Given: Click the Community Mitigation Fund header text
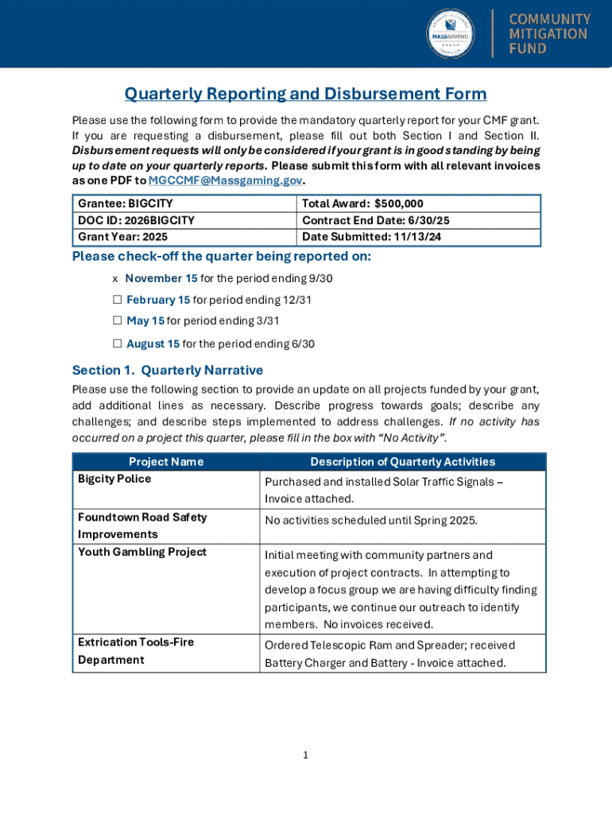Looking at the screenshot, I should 550,34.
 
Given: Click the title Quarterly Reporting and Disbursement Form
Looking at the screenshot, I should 305,94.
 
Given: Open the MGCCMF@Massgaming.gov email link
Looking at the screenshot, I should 225,180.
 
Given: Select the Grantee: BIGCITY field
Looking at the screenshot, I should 126,204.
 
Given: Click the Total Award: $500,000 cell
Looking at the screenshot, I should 362,204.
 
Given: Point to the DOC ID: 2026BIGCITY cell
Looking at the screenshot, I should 136,220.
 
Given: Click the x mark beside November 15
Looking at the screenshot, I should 115,278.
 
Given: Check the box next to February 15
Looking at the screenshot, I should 117,300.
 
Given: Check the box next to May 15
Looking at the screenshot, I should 117,321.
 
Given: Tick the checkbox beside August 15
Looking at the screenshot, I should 117,343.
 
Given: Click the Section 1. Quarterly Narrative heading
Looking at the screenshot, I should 168,370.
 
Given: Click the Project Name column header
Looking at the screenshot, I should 166,462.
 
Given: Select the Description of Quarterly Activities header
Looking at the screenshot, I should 402,462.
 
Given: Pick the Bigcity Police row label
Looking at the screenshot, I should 114,479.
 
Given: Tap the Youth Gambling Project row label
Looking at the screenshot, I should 141,552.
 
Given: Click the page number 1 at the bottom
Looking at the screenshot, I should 305,755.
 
